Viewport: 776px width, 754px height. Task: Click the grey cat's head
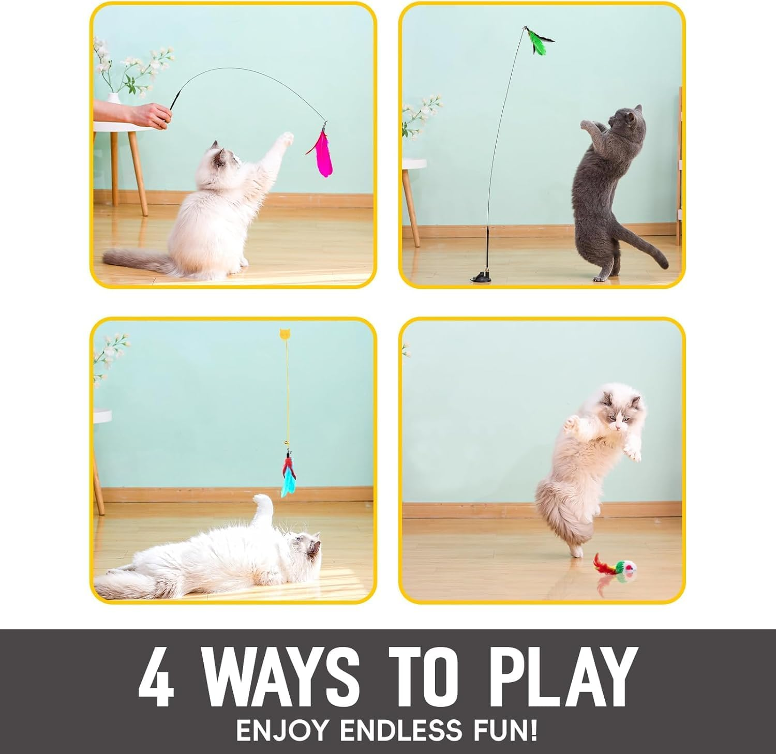point(624,120)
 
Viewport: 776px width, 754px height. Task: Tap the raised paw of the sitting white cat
point(285,139)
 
